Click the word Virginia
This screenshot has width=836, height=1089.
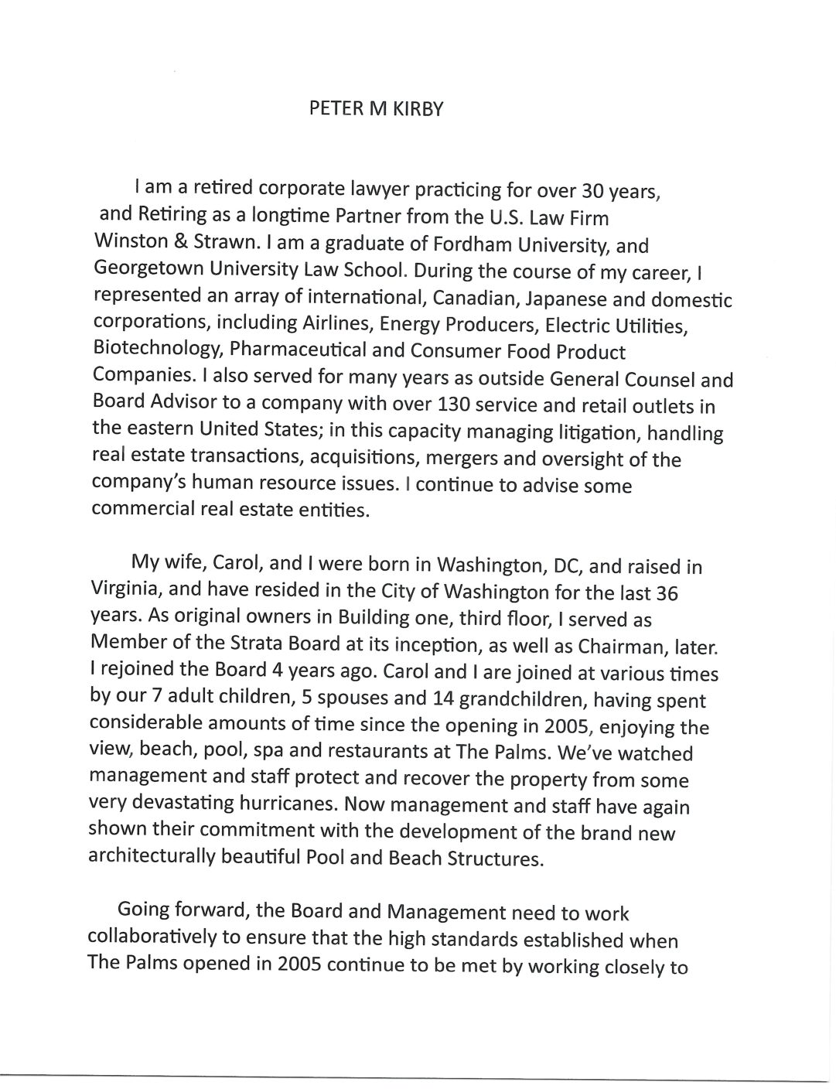[x=125, y=592]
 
